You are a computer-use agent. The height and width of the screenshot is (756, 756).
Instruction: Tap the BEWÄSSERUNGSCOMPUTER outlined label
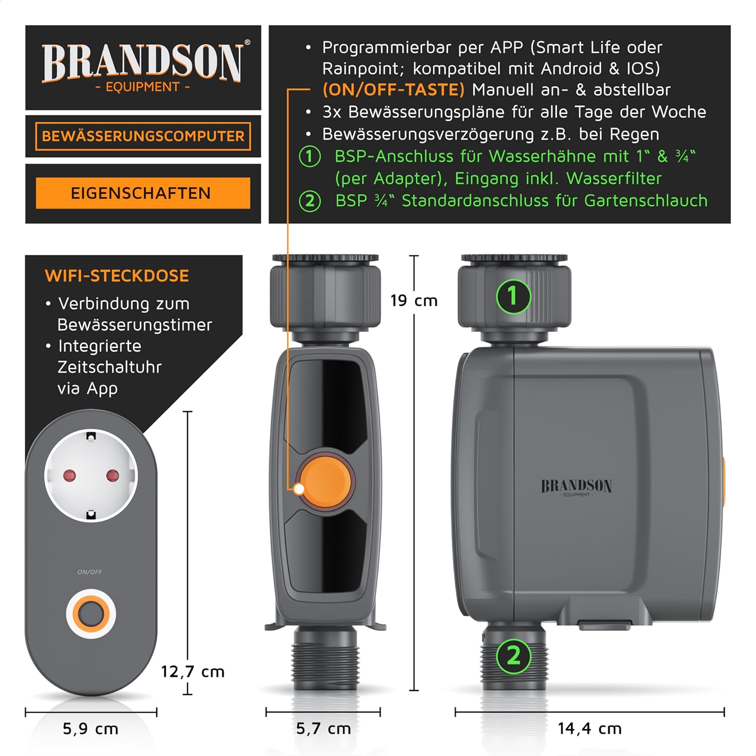143,136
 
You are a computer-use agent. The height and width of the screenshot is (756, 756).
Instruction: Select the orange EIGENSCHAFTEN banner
143,193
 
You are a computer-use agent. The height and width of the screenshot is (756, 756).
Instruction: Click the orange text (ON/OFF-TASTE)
393,90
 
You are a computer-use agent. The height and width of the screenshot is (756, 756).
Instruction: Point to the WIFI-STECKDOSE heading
117,276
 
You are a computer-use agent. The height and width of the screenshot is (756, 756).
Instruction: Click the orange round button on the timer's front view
326,481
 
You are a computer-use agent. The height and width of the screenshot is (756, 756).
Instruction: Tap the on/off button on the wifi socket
91,614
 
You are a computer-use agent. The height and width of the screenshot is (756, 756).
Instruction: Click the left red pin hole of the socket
70,475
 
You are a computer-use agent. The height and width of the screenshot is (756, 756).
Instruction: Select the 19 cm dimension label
414,301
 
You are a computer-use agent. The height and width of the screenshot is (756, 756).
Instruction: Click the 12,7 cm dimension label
193,671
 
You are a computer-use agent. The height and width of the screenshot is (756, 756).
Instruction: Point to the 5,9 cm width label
91,728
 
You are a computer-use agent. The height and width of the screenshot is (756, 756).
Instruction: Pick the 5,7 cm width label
323,728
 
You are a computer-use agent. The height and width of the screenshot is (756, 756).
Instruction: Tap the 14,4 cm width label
589,728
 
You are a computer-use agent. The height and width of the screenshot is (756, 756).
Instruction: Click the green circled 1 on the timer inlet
513,296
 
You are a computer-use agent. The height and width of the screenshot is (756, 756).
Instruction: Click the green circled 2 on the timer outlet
513,656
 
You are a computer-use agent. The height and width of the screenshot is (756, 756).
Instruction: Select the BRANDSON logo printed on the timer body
577,487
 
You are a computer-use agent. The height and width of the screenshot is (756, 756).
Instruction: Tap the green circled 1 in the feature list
310,156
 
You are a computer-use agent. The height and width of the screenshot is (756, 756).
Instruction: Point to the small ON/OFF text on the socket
90,572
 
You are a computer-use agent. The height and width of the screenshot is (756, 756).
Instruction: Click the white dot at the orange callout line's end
299,489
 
